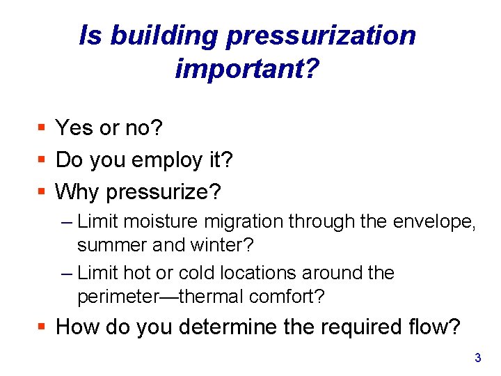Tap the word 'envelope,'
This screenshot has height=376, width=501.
click(432, 222)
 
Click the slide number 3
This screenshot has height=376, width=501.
click(477, 359)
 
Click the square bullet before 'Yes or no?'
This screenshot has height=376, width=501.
click(42, 128)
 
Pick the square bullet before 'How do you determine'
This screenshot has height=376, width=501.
click(42, 327)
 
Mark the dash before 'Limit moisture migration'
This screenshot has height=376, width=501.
click(66, 222)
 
